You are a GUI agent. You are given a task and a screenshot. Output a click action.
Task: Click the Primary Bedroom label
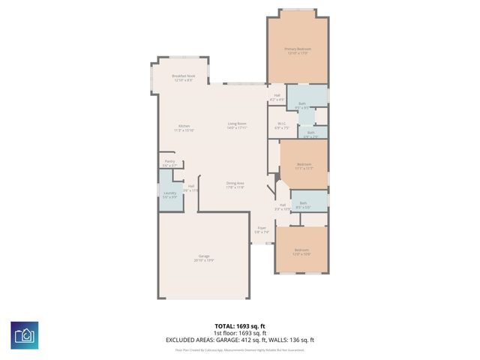click(x=298, y=51)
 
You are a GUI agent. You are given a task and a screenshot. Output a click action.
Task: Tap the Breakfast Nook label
click(x=184, y=78)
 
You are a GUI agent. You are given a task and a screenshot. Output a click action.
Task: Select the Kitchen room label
click(x=184, y=127)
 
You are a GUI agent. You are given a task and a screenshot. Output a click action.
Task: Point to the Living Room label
click(x=238, y=126)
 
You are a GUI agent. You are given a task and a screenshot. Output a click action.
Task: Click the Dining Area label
click(x=235, y=185)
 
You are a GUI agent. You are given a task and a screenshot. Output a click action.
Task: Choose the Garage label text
click(x=204, y=259)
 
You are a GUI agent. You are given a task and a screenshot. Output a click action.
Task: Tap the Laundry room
click(x=169, y=196)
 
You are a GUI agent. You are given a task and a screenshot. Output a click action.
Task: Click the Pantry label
click(x=170, y=163)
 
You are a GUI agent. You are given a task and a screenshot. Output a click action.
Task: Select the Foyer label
click(x=261, y=230)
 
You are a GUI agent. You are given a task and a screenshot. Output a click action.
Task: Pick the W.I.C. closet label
click(x=281, y=126)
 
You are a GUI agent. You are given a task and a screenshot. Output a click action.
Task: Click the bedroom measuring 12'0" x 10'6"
click(x=301, y=251)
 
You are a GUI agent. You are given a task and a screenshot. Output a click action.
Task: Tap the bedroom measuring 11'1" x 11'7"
click(x=304, y=166)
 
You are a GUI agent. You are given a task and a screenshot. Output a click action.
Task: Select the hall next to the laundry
click(x=192, y=187)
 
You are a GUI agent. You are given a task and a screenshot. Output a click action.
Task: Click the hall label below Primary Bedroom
click(x=276, y=97)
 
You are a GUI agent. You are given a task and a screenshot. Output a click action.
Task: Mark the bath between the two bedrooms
click(x=304, y=204)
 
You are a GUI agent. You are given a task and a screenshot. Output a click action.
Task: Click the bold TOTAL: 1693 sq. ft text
click(x=239, y=326)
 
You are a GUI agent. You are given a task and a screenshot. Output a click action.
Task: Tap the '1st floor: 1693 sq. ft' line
click(x=239, y=333)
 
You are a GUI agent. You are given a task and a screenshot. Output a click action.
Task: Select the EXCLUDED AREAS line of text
click(x=239, y=340)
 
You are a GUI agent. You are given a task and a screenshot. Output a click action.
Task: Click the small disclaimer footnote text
click(x=239, y=349)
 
